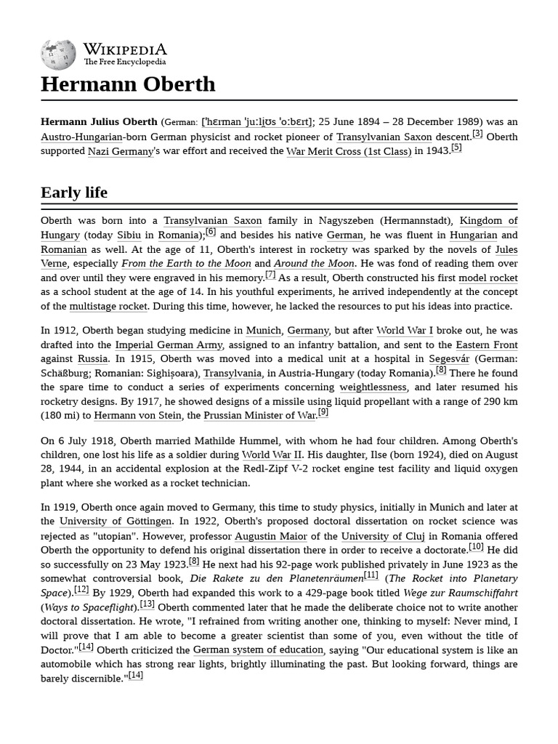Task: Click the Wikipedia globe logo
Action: pos(58,54)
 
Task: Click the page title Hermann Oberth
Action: pos(128,84)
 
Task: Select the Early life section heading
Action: pos(74,193)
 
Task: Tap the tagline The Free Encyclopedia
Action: pos(124,62)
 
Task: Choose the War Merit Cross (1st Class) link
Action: pos(349,152)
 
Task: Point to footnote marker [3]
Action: pos(477,134)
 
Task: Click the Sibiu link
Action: pos(129,235)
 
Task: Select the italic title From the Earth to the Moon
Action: pos(186,264)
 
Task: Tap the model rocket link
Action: pos(488,278)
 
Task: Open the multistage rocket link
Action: pos(108,307)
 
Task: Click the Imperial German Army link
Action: pos(169,345)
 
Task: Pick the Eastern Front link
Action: pos(486,345)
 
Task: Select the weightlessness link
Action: pos(373,388)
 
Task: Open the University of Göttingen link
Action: pos(116,522)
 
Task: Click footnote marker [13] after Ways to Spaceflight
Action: pos(147,604)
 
